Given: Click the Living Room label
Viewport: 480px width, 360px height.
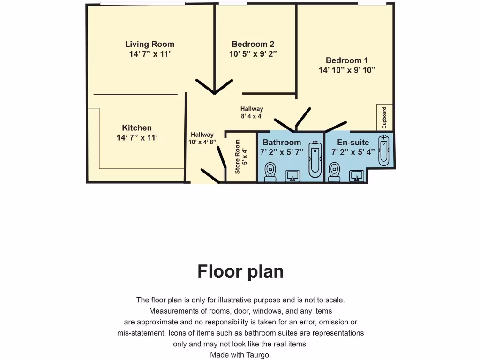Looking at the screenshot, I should (150, 45).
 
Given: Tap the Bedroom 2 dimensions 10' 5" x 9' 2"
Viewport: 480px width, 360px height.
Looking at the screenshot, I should (253, 54).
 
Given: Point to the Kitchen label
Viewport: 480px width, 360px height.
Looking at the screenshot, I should (137, 128).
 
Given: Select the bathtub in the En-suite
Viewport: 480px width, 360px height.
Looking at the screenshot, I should (384, 150).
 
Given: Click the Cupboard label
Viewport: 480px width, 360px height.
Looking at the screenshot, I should (384, 118).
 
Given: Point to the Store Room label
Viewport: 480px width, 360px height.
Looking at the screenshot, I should (238, 157).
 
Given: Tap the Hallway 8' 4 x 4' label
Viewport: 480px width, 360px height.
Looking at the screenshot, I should (252, 112).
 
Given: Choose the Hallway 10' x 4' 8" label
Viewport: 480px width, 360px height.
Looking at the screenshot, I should (202, 138).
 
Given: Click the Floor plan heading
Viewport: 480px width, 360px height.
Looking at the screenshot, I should (240, 271).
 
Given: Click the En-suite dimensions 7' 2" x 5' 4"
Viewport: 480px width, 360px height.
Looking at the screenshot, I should (353, 152).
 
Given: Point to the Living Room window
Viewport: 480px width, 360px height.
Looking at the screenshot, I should (128, 4).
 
